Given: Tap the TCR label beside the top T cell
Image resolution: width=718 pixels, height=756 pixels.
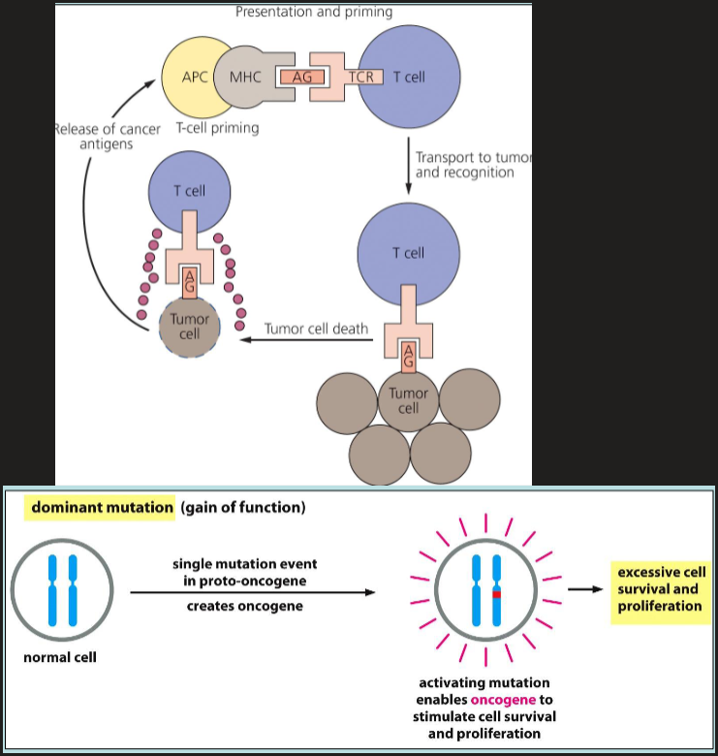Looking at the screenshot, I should click(x=366, y=77).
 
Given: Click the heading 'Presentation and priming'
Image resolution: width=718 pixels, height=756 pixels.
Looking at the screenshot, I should click(x=313, y=13).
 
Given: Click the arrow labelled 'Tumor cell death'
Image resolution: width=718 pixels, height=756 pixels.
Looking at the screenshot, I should click(x=300, y=339).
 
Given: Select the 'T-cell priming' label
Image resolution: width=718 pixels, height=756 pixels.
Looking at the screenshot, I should click(x=217, y=128).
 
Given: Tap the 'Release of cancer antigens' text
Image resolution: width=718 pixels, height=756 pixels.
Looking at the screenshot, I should click(x=107, y=136).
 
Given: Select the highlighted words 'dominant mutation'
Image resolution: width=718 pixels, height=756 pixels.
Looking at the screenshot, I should click(x=102, y=507).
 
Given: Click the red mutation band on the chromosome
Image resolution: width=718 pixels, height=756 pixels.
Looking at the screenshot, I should click(x=495, y=593).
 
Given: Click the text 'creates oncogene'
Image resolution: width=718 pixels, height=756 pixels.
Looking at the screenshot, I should click(x=244, y=606).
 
